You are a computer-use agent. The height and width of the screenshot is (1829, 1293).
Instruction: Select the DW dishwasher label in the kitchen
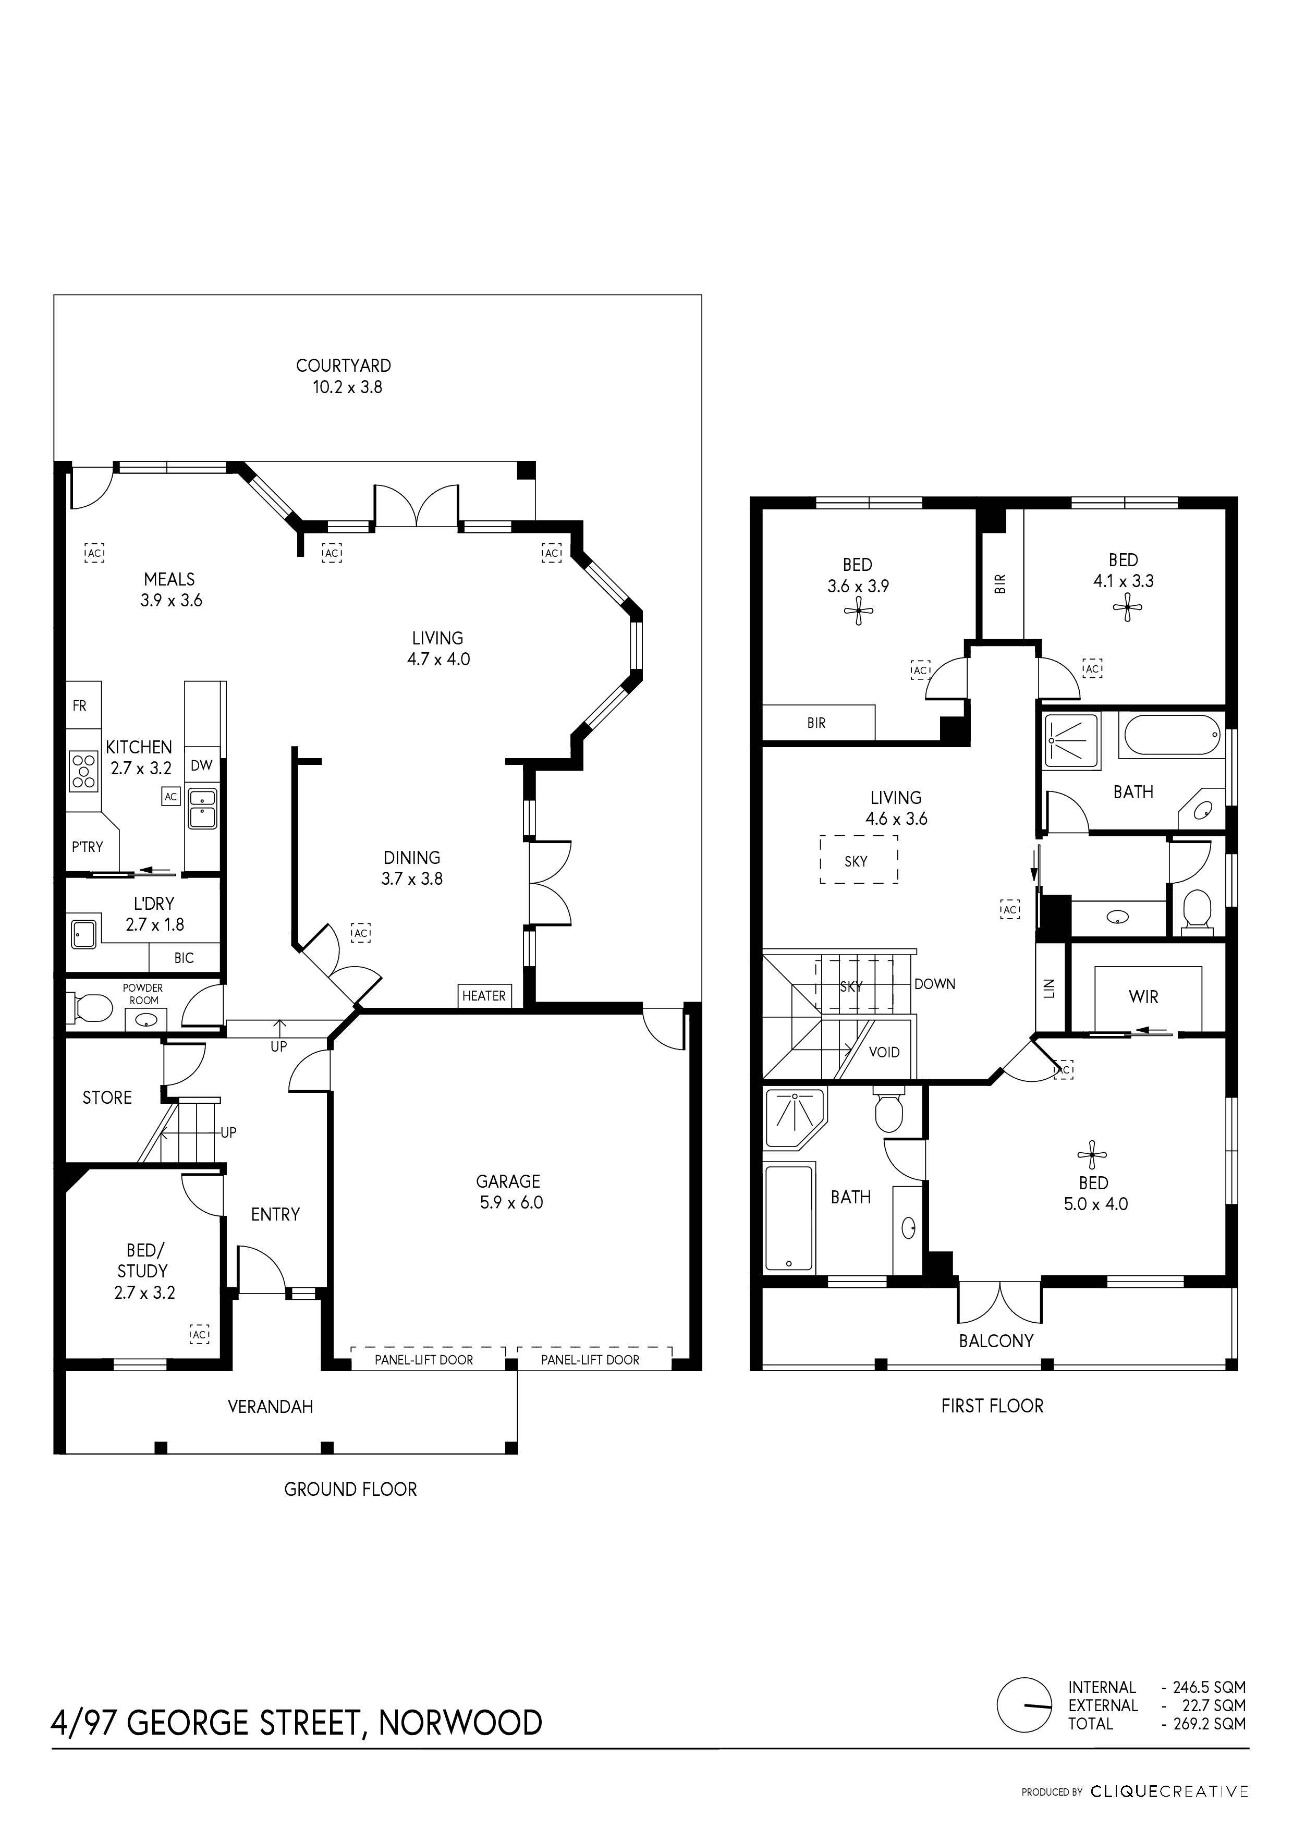tap(202, 765)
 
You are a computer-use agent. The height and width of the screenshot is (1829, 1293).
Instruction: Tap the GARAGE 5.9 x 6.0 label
tap(508, 1192)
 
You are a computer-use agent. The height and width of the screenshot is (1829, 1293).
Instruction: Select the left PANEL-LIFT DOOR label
tap(424, 1360)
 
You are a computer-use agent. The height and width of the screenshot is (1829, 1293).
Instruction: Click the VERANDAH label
tap(270, 1407)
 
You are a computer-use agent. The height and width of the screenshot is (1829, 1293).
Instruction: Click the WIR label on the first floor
tap(1143, 996)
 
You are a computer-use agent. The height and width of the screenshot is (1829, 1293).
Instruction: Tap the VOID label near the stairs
tap(884, 1052)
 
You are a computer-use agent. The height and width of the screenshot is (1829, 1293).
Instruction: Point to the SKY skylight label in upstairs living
tap(856, 861)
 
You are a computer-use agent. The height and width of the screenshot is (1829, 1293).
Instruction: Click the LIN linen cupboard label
tap(1048, 989)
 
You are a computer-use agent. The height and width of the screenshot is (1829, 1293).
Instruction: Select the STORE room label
tap(107, 1098)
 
